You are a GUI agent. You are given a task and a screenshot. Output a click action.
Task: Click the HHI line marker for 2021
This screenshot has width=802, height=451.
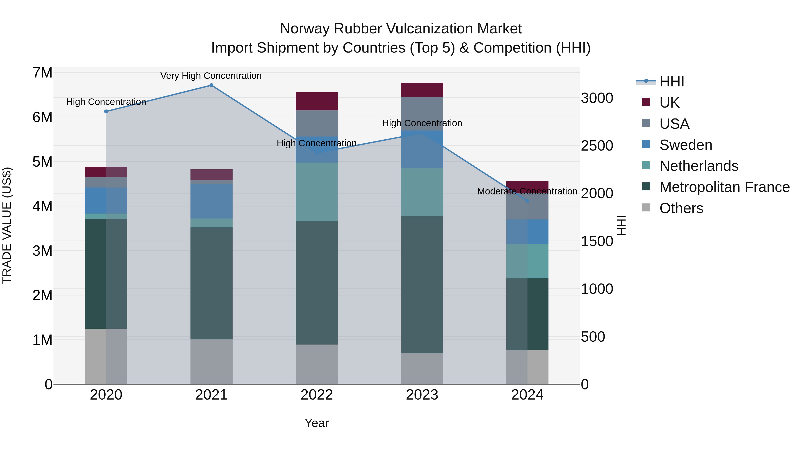pos(211,85)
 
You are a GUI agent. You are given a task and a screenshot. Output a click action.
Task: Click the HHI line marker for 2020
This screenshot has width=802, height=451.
pos(106,111)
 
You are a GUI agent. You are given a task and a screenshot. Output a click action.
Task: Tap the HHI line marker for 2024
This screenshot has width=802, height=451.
pos(527,201)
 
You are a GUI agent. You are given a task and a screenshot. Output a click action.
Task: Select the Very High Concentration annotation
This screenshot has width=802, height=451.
pos(211,76)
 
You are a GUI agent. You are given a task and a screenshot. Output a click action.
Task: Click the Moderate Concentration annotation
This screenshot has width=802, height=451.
pos(527,191)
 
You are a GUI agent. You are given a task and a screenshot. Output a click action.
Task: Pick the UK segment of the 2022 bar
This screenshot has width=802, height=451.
pos(317,101)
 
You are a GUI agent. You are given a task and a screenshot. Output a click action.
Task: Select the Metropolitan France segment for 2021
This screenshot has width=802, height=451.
pos(211,283)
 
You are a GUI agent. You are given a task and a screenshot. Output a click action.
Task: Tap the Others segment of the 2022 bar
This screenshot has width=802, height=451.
pos(317,364)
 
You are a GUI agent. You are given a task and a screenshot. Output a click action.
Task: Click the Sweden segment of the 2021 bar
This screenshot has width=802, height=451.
pos(211,201)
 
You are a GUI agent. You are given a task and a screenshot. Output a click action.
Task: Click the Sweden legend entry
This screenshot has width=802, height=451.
pos(685,145)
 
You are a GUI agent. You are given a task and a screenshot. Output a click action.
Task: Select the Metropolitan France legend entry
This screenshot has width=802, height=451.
pos(724,187)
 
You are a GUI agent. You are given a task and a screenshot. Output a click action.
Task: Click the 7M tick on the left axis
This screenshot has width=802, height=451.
pos(42,73)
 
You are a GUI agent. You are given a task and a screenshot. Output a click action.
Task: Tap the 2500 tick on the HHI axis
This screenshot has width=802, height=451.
pos(597,146)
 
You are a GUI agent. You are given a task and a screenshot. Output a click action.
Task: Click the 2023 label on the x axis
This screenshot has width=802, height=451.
pos(422,395)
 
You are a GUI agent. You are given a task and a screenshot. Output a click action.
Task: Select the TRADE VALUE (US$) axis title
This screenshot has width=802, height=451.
pos(7,225)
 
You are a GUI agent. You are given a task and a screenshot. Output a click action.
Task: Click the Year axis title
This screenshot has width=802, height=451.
pos(317,423)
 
